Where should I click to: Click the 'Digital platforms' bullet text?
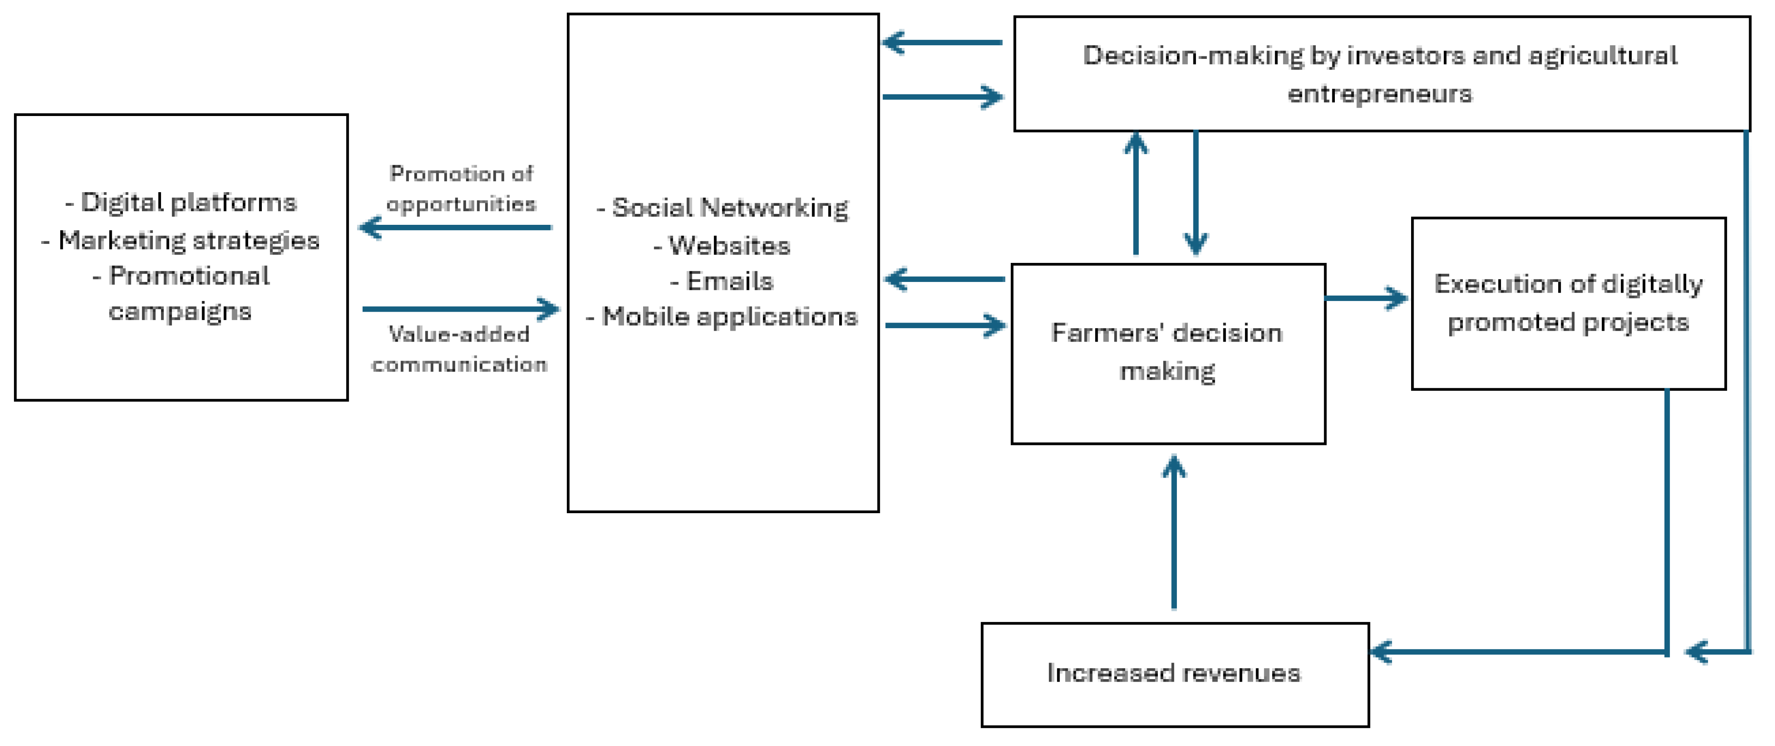[x=181, y=202]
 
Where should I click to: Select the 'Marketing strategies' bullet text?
[x=181, y=240]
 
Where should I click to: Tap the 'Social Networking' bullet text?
[x=723, y=207]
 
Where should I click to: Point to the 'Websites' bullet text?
[x=722, y=245]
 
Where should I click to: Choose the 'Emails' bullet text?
[x=722, y=281]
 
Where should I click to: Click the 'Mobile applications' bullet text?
[x=722, y=317]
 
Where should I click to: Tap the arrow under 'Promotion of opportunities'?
[x=455, y=227]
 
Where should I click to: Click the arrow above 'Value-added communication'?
[x=460, y=309]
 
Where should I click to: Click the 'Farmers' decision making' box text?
[x=1167, y=352]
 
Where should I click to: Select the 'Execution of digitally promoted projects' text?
[x=1568, y=303]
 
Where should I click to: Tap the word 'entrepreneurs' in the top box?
[x=1379, y=94]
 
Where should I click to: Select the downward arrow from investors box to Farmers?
[x=1195, y=193]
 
